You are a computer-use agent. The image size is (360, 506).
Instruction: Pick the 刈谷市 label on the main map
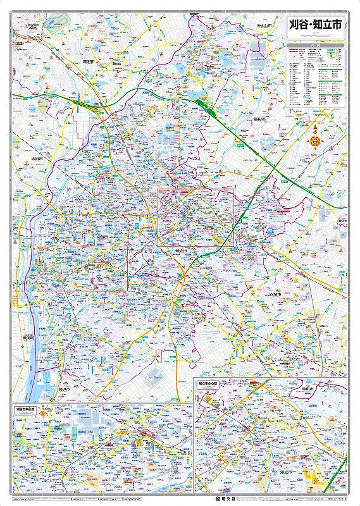coord(102,237)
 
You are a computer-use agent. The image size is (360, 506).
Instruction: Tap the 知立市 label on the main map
coord(180,250)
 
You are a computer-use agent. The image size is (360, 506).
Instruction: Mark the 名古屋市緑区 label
coord(27,27)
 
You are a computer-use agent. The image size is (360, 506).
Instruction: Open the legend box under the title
coord(316,76)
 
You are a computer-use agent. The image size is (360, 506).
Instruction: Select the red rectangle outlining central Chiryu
coord(196,217)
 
